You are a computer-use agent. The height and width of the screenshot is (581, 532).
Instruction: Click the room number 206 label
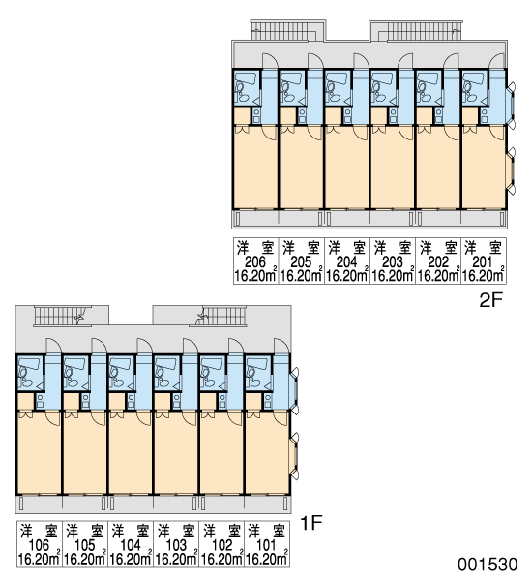pos(255,262)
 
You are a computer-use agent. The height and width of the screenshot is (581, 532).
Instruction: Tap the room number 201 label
pos(483,262)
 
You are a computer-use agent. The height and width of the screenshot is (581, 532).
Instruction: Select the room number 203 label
pos(392,262)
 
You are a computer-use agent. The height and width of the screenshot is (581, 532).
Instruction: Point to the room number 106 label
pos(39,545)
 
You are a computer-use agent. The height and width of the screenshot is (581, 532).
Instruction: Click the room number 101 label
pos(266,545)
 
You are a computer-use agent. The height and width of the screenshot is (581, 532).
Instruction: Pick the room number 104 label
pos(131,545)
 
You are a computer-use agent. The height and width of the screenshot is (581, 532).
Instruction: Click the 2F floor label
pos(489,300)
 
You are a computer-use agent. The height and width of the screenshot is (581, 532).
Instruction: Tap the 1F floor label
pos(311,523)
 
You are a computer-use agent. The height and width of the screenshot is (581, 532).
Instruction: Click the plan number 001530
pos(488,565)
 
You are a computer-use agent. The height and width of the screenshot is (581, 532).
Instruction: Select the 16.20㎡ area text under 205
pos(302,276)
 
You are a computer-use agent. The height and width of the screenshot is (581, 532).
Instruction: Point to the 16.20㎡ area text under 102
pos(222,559)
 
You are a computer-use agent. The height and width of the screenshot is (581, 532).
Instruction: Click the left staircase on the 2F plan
pos(283,30)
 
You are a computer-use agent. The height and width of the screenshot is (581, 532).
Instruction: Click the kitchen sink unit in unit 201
pos(484,115)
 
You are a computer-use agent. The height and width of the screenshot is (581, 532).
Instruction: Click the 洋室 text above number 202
pos(438,248)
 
